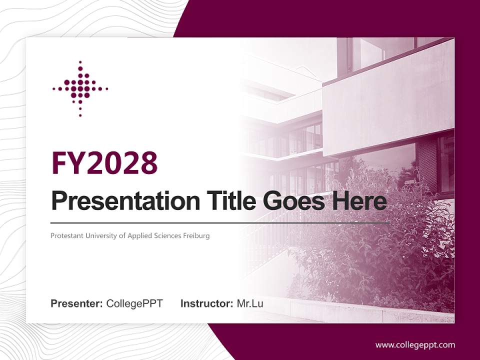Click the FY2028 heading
[104, 163]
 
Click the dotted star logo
[80, 89]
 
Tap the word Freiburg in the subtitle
[196, 235]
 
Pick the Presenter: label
[77, 303]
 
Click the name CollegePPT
[134, 303]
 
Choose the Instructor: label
[206, 303]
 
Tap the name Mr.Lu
[250, 303]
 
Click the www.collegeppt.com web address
[415, 345]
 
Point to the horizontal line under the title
[220, 222]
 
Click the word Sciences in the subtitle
[166, 235]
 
